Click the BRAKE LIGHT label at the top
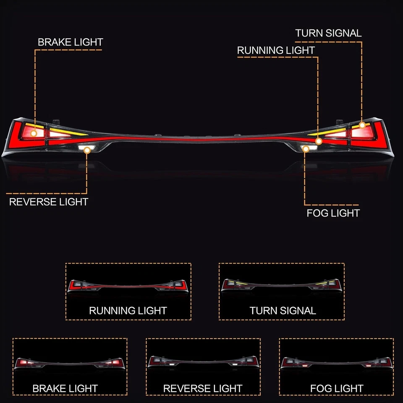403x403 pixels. pos(70,42)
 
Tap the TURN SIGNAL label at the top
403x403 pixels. pos(328,33)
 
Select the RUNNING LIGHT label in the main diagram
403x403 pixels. pos(276,50)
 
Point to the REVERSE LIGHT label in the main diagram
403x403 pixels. pos(49,201)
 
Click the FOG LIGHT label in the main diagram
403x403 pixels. pos(333,213)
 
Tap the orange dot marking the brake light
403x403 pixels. pos(34,133)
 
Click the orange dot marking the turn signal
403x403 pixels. pos(362,125)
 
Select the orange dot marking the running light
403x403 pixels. pos(319,141)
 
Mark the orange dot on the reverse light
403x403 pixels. pos(87,149)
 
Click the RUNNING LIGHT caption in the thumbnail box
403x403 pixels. pos(128,311)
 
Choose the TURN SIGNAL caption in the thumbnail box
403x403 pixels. pos(283,311)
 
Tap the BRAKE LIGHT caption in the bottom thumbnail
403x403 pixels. pos(65,388)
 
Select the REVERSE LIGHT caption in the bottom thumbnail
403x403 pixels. pos(203,388)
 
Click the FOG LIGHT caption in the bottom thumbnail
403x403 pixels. pos(337,388)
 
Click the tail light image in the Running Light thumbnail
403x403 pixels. pos(128,286)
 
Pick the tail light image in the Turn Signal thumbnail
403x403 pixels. pos(281,285)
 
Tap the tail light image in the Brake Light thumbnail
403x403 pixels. pos(70,363)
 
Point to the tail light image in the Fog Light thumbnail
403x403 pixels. pos(336,362)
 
